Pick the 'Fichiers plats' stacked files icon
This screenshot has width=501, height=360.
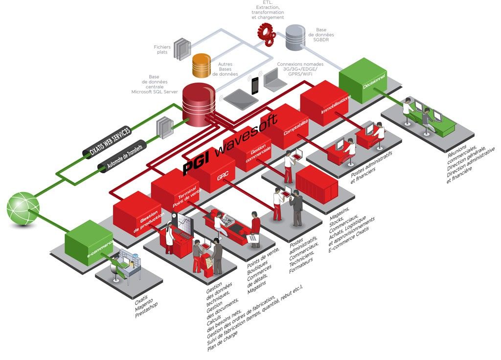point(182,49)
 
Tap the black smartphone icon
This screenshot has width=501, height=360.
point(255,86)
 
